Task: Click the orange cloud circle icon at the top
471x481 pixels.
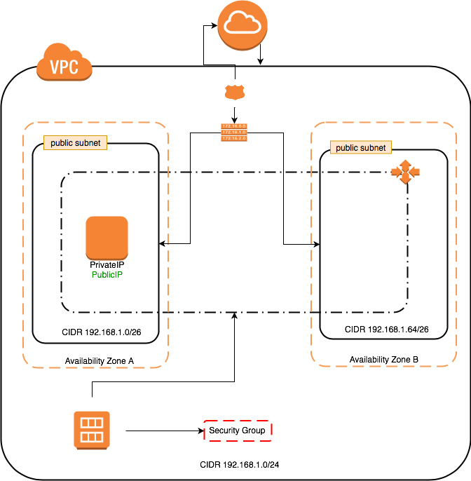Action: point(242,26)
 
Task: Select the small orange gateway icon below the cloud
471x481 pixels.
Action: point(235,92)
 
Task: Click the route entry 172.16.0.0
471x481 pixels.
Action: point(234,126)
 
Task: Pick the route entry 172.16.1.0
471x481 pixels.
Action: point(234,133)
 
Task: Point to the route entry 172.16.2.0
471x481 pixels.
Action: point(234,139)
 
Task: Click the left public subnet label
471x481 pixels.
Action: point(75,143)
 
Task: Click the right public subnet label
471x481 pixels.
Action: point(360,148)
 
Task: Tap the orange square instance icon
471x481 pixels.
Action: point(107,238)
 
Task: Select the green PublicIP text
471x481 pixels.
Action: point(107,275)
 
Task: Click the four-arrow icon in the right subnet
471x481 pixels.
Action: point(405,172)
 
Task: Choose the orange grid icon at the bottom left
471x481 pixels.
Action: point(92,430)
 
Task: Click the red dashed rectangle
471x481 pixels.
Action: point(238,431)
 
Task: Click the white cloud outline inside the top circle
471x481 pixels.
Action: point(242,25)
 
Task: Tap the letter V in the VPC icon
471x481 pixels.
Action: point(55,68)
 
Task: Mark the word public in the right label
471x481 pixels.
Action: point(347,148)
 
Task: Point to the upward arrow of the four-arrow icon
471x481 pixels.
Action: point(405,163)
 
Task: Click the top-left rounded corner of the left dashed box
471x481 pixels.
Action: point(28,127)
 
